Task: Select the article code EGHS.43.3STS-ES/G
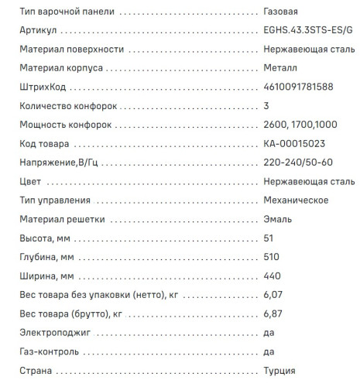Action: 307,32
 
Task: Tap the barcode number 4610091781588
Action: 298,87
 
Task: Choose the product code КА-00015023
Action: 294,144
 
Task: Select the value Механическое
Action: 297,200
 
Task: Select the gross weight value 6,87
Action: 273,313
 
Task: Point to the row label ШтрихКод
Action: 42,87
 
